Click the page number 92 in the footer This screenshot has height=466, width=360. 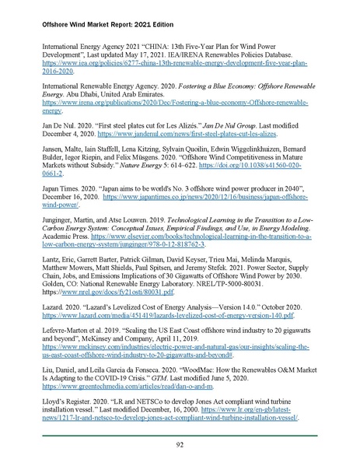(180, 444)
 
